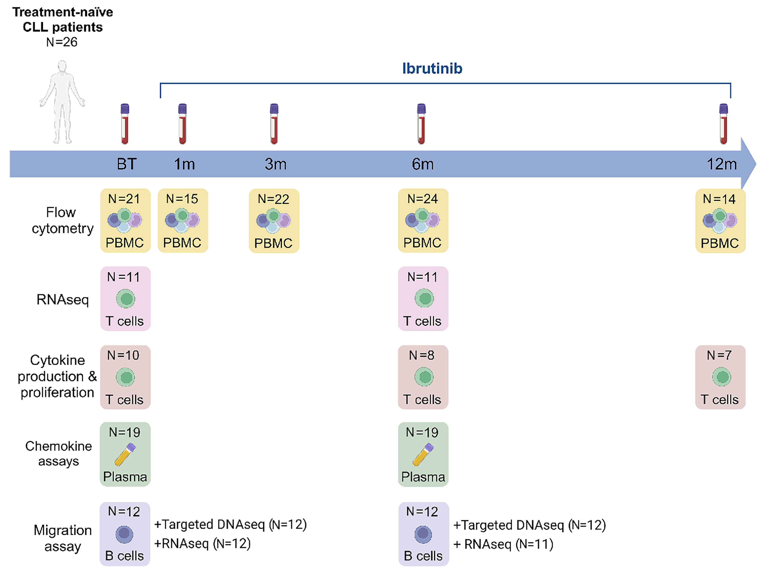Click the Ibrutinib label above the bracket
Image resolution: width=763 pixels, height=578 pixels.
tap(432, 68)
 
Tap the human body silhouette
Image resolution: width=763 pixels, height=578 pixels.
tap(62, 102)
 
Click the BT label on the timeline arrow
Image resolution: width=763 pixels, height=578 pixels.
tap(127, 164)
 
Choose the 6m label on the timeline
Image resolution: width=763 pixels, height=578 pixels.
tap(422, 164)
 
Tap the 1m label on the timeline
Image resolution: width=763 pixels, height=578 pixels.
tap(184, 164)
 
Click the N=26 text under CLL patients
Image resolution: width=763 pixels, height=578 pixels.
tap(62, 42)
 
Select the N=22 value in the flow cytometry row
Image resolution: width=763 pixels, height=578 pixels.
tap(273, 199)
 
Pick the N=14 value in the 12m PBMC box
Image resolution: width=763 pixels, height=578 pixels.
tap(719, 199)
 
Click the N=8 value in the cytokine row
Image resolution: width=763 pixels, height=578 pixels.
tap(422, 355)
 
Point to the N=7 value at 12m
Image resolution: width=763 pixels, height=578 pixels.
tap(719, 355)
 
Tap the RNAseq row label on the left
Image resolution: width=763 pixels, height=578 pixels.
tap(62, 299)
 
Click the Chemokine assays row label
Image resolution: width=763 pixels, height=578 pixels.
tap(59, 454)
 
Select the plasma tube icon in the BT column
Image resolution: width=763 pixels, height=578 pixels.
tap(125, 454)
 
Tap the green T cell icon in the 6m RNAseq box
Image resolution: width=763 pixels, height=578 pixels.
tap(424, 298)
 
